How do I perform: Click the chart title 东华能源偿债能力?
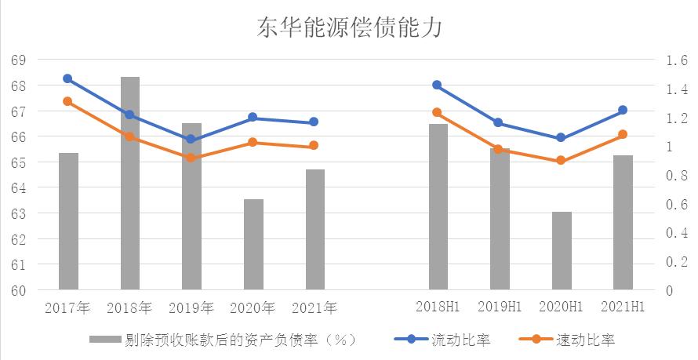[x=350, y=29]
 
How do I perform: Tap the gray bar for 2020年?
[x=253, y=245]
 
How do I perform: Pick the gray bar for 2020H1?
[x=562, y=251]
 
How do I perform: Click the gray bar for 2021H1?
[x=623, y=223]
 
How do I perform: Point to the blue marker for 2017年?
[x=67, y=78]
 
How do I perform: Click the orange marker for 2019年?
[x=191, y=158]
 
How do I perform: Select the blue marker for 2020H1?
[x=561, y=138]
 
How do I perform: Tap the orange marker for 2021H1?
[x=623, y=134]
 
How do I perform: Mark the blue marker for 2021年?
[x=314, y=122]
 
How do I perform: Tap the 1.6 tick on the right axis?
[x=675, y=60]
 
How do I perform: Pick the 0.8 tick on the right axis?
[x=675, y=176]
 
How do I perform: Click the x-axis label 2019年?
[x=191, y=307]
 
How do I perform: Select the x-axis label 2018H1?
[x=437, y=307]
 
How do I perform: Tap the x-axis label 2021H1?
[x=623, y=307]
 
